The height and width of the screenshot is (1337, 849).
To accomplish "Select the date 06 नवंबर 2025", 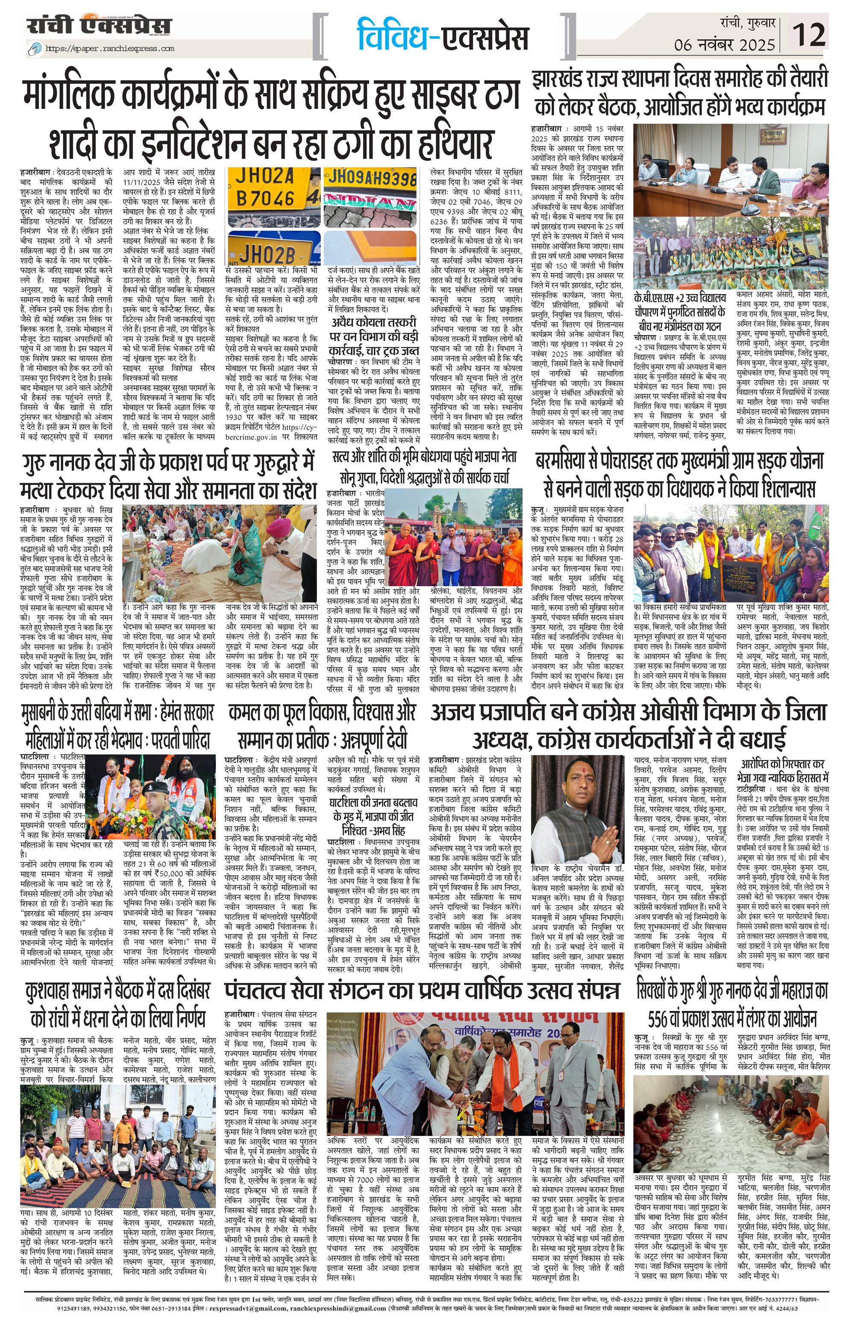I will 725,44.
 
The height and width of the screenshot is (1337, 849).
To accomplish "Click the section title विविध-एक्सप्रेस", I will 443,35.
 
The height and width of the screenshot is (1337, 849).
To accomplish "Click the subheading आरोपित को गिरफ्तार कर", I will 783,763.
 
